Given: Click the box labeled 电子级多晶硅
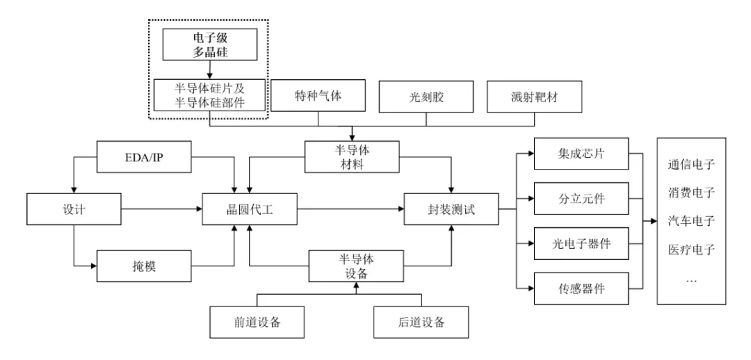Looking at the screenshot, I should click(x=209, y=45).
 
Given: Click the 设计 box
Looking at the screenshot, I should click(x=72, y=207).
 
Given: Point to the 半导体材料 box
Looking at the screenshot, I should click(x=353, y=156).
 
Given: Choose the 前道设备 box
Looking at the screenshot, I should click(x=257, y=322).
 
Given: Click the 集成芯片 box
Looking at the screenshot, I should click(x=581, y=154).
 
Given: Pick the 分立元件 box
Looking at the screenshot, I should click(x=581, y=198).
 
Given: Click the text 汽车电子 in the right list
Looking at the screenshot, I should click(x=692, y=220).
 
